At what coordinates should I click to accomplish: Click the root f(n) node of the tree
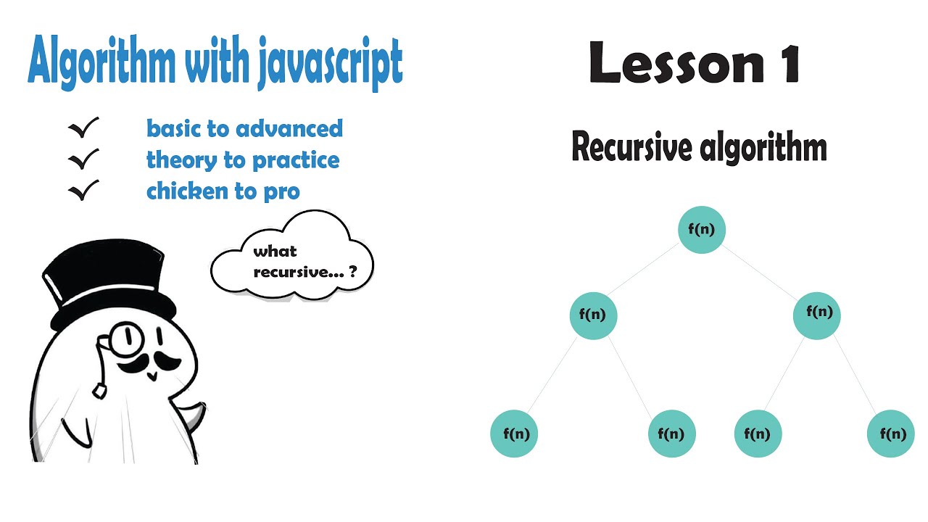click(x=701, y=230)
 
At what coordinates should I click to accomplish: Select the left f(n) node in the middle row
click(x=593, y=315)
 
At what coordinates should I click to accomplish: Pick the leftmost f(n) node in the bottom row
click(x=515, y=434)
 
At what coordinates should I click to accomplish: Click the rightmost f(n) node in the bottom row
click(x=891, y=434)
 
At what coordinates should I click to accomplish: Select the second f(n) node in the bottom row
click(x=671, y=434)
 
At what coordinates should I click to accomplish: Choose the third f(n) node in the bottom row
click(x=758, y=434)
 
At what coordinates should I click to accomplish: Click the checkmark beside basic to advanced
click(x=83, y=128)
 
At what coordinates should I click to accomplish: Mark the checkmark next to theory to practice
click(x=83, y=159)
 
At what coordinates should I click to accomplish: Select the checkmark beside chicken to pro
click(x=83, y=191)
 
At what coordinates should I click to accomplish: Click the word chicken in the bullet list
click(x=182, y=191)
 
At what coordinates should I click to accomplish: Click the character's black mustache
click(x=149, y=360)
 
